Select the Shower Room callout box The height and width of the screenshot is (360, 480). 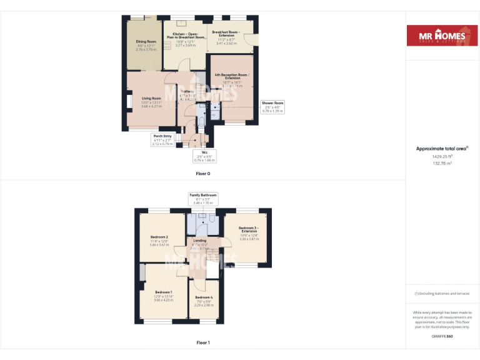272,107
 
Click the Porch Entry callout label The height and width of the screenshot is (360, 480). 162,139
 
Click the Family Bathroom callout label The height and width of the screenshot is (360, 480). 203,199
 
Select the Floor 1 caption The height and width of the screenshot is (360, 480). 203,342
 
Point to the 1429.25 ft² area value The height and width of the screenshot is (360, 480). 442,157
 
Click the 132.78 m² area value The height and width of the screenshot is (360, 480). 442,163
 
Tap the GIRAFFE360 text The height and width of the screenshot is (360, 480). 442,336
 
